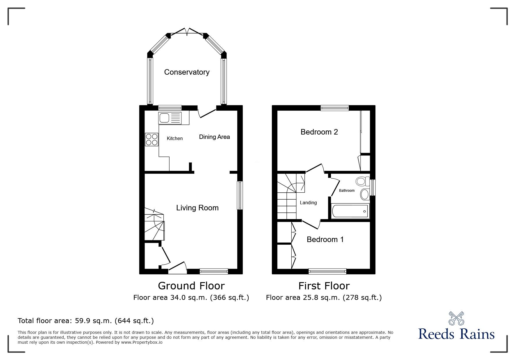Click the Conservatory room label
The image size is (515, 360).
coord(187,72)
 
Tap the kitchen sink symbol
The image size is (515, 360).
coord(170,118)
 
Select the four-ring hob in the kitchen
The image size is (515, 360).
coord(152,139)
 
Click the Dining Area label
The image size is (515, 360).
coord(214,137)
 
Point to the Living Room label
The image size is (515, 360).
coord(197,208)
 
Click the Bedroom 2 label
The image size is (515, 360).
coord(319,132)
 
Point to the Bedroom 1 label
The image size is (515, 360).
coord(325,239)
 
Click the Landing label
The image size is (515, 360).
coord(308,203)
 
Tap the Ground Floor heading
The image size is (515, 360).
coord(191,286)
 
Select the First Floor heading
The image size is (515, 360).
coord(324,286)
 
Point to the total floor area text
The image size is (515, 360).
coord(86,321)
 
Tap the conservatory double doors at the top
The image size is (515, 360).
coord(187,32)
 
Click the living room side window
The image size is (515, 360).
coord(240,195)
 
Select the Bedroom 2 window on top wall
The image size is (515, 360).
coord(334,108)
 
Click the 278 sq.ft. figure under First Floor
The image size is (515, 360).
coord(362,298)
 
